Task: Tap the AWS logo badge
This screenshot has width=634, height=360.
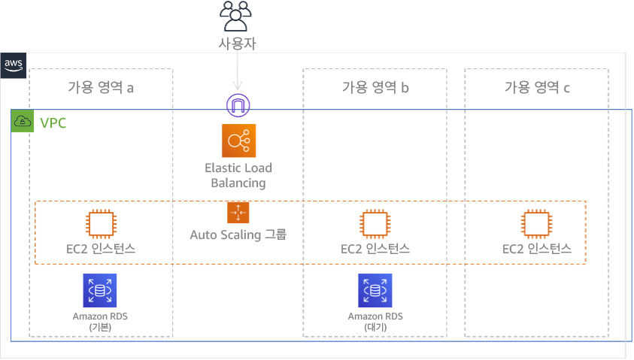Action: click(14, 64)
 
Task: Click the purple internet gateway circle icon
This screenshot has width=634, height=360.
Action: click(238, 105)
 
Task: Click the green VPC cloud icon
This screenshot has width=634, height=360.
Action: click(23, 122)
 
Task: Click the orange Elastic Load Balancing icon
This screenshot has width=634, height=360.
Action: click(239, 141)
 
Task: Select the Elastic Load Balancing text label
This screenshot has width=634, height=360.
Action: click(239, 176)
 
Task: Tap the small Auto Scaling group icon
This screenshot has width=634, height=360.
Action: click(238, 213)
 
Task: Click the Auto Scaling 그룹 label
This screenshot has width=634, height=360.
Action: click(238, 235)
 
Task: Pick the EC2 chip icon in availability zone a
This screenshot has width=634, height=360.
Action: click(100, 223)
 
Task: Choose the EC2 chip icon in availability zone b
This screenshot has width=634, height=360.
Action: click(374, 223)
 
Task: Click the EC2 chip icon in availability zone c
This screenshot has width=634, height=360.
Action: click(536, 223)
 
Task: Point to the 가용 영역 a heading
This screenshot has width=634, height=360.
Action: click(100, 88)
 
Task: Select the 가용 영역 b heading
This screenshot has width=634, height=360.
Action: click(375, 88)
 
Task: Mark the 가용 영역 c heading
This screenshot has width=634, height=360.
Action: click(536, 88)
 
